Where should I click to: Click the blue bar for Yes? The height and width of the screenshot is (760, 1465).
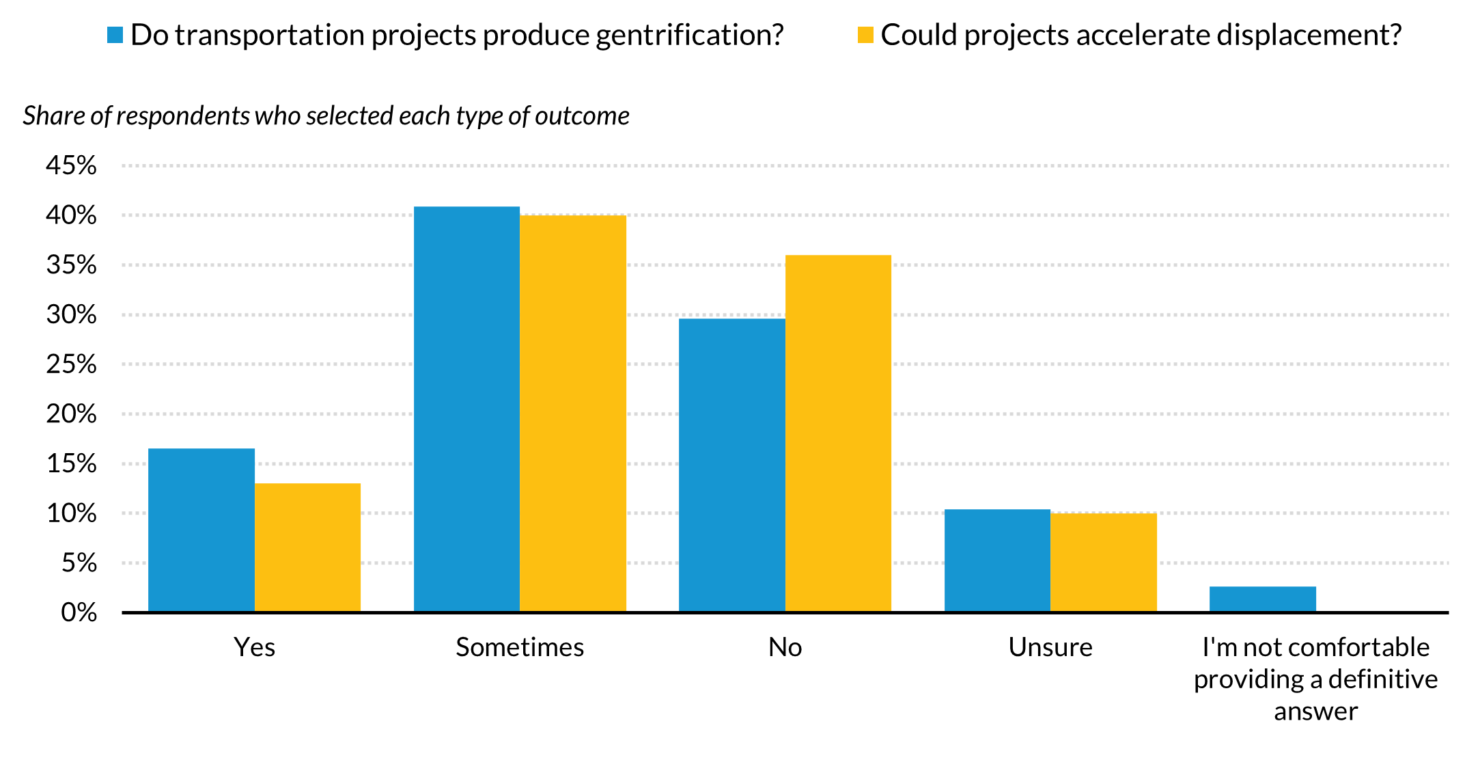pos(201,530)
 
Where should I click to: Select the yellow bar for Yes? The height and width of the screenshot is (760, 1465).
pos(307,547)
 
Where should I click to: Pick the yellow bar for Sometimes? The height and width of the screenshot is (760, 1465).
pos(573,413)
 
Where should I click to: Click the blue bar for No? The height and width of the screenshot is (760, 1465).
pos(731,465)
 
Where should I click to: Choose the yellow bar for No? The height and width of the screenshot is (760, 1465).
pos(838,433)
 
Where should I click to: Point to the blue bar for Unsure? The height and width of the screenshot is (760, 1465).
pos(997,560)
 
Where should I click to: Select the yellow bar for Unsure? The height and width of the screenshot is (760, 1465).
pos(1104,562)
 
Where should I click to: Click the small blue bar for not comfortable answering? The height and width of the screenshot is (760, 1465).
pos(1262,599)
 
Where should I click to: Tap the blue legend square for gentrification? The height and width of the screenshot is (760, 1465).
pos(115,35)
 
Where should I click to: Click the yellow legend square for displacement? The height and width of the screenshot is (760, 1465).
pos(865,35)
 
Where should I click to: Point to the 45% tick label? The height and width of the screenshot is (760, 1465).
pos(71,165)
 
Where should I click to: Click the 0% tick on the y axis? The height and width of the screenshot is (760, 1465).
pos(79,612)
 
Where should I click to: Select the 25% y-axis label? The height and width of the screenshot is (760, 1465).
pos(71,364)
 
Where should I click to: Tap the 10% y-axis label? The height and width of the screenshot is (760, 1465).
pos(71,513)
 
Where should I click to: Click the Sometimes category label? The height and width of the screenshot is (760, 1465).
pos(520,647)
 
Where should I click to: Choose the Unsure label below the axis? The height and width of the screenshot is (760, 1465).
pos(1050,647)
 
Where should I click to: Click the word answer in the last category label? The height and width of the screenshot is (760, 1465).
pos(1315,711)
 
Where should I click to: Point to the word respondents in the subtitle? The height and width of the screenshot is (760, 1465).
pos(183,116)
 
